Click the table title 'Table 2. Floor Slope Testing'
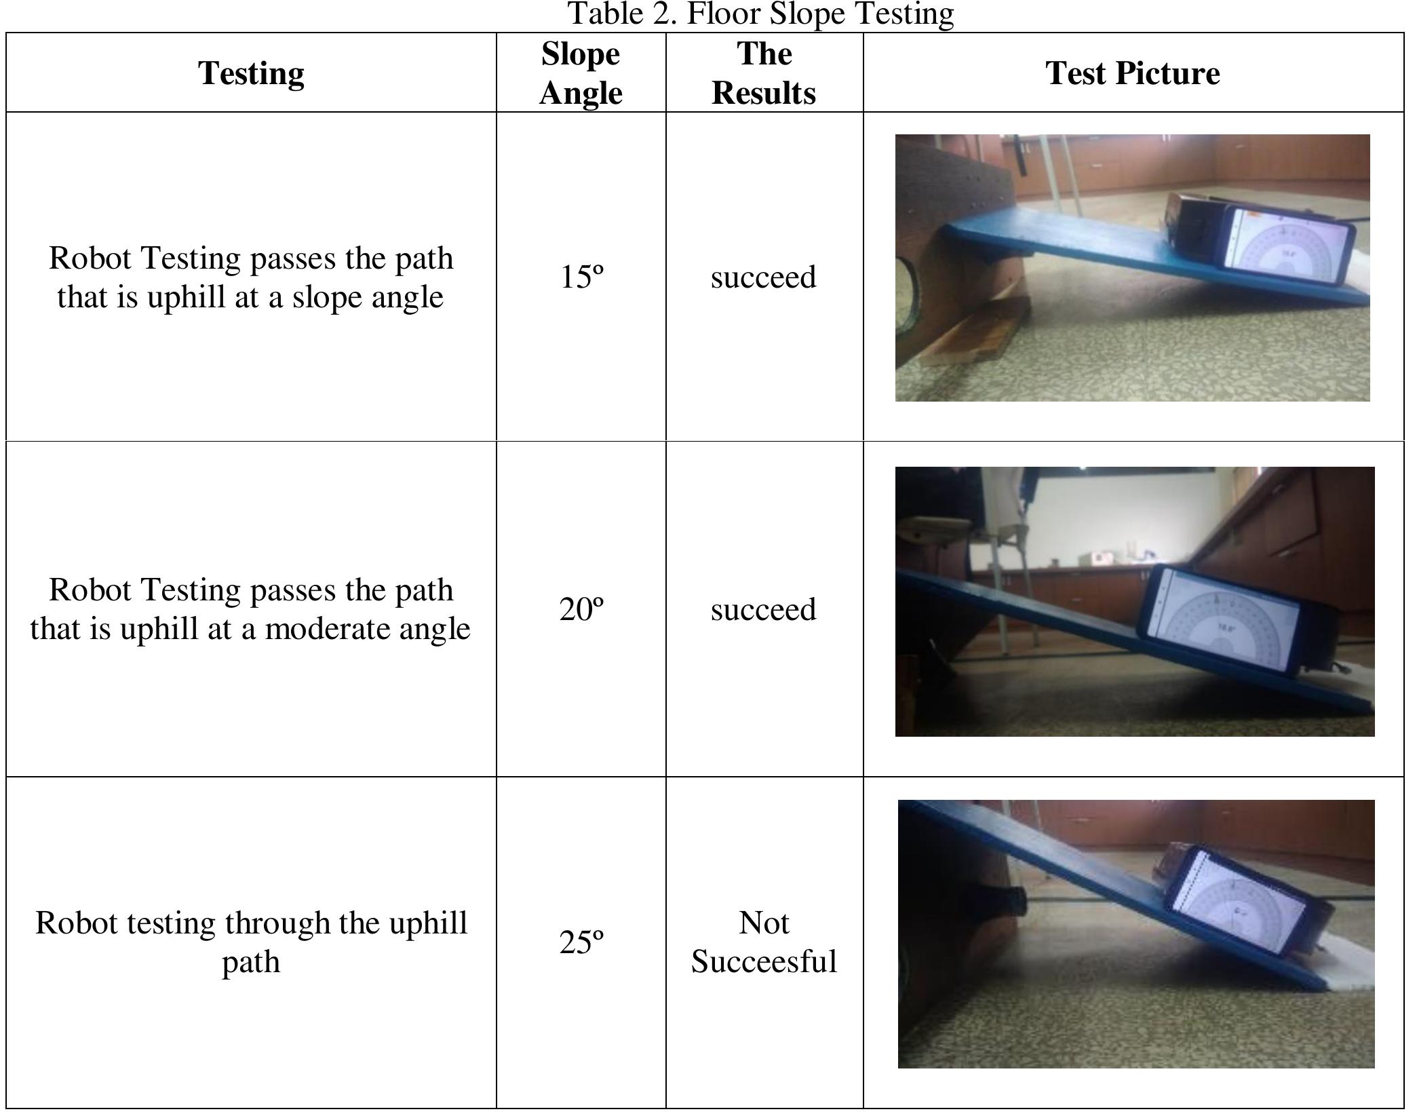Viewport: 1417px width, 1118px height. pyautogui.click(x=760, y=14)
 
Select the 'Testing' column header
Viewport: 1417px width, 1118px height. pyautogui.click(x=251, y=73)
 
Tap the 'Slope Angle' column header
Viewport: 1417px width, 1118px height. pyautogui.click(x=581, y=73)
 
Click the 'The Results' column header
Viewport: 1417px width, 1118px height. pyautogui.click(x=764, y=73)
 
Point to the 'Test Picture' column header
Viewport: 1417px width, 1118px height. pyautogui.click(x=1132, y=73)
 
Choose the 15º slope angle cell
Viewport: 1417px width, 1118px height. pyautogui.click(x=581, y=277)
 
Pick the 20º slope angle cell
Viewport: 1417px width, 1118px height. pyautogui.click(x=581, y=609)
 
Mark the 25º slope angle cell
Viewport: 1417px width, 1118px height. pyautogui.click(x=581, y=942)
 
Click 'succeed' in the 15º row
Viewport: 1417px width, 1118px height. pyautogui.click(x=763, y=277)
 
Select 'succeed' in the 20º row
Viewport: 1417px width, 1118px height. pyautogui.click(x=763, y=609)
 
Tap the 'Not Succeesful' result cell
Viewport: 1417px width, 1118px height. pyautogui.click(x=764, y=942)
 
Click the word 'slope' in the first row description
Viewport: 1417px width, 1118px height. pyautogui.click(x=326, y=297)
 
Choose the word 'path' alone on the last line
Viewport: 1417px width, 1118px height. pyautogui.click(x=251, y=962)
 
